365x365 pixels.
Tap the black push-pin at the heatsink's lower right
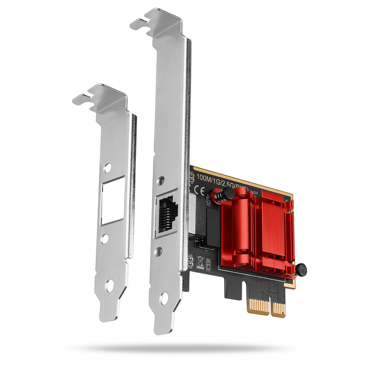point(300,270)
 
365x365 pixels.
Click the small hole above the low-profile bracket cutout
point(107,168)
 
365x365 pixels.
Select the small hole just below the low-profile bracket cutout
point(105,239)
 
